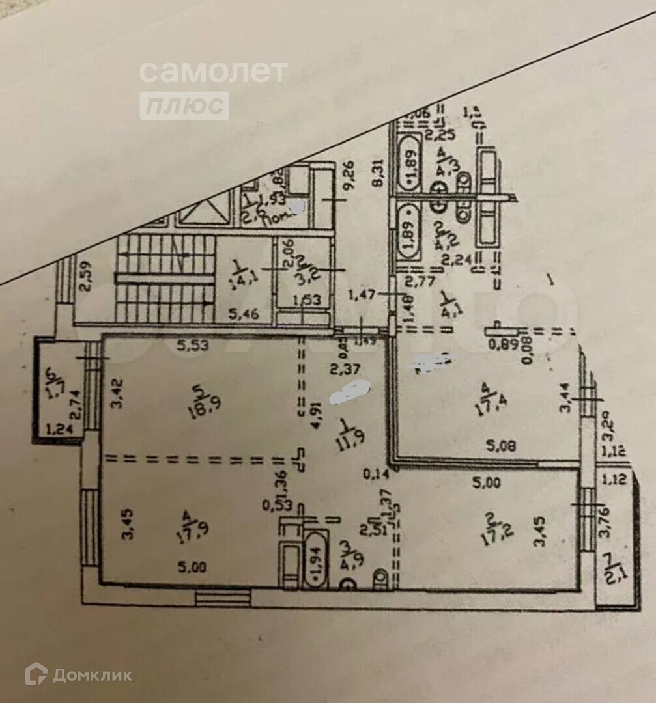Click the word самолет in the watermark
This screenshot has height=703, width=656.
point(213,72)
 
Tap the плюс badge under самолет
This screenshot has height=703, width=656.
point(184,105)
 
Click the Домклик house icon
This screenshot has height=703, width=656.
point(36,674)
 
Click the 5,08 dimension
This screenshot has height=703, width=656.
point(500,447)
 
